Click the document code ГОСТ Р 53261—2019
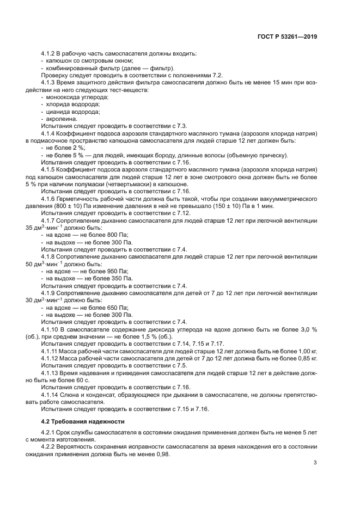[x=288, y=37]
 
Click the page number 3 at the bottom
[x=315, y=463]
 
